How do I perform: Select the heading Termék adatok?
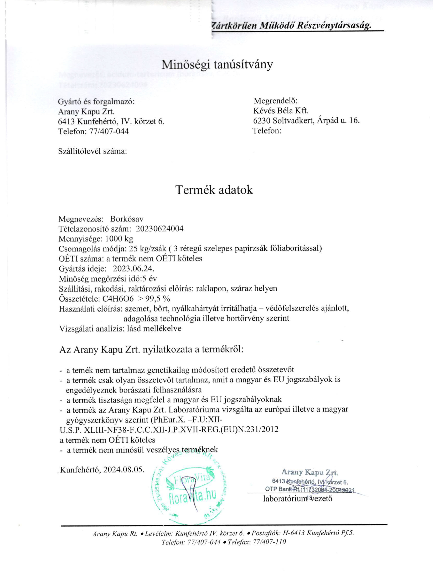pos(214,190)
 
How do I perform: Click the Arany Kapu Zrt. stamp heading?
pos(310,472)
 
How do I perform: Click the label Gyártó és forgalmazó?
pos(96,102)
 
